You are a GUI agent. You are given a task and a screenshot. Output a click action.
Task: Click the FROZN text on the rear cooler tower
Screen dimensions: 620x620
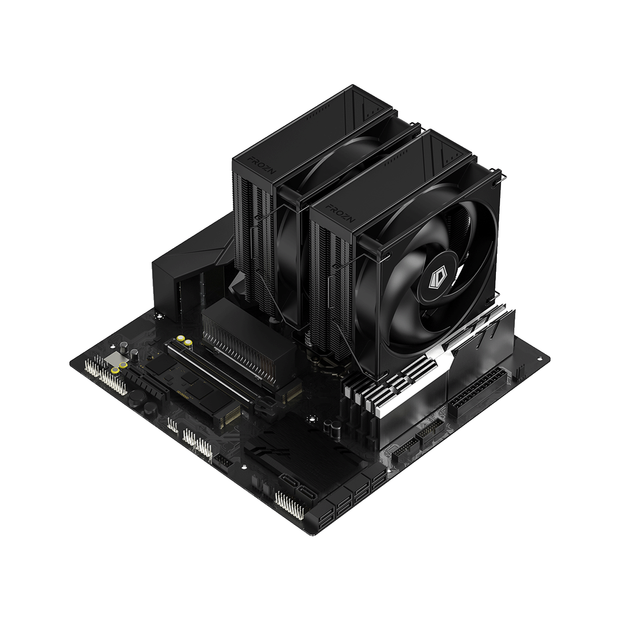(x=262, y=165)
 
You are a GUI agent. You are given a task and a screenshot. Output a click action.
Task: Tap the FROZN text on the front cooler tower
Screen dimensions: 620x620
(x=340, y=213)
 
